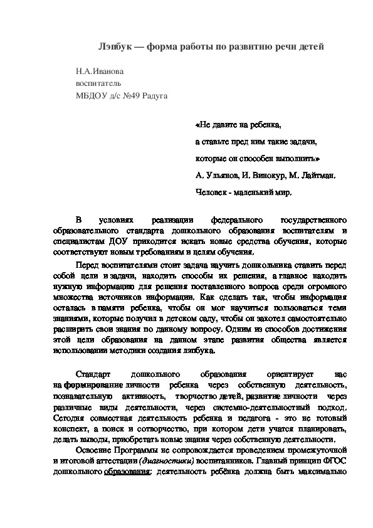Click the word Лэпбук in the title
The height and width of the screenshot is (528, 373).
click(x=118, y=47)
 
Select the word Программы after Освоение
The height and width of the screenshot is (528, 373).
click(x=133, y=450)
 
